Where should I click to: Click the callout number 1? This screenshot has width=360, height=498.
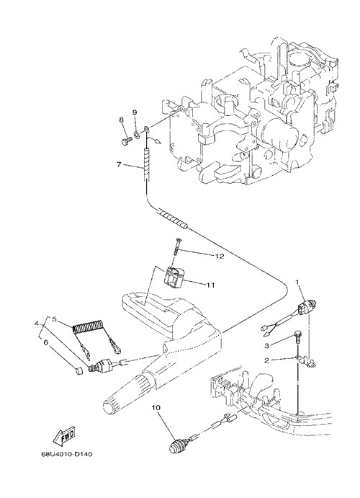pyautogui.click(x=297, y=282)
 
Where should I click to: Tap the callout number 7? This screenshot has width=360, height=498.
pyautogui.click(x=119, y=164)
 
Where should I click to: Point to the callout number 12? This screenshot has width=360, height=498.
pyautogui.click(x=220, y=256)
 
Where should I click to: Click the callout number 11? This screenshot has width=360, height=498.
pyautogui.click(x=211, y=285)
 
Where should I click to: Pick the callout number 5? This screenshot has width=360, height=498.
pyautogui.click(x=54, y=319)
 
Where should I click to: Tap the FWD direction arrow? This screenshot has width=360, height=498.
pyautogui.click(x=64, y=437)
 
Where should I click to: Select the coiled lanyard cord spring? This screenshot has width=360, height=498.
pyautogui.click(x=87, y=327)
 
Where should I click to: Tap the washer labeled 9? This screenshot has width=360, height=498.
pyautogui.click(x=136, y=134)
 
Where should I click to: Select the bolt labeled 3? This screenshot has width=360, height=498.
pyautogui.click(x=298, y=335)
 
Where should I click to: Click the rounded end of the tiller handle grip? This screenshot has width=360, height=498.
pyautogui.click(x=109, y=407)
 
